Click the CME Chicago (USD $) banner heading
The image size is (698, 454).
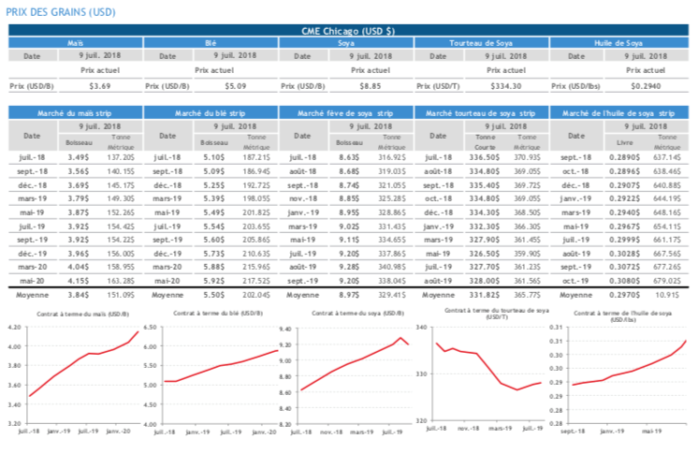click(348, 31)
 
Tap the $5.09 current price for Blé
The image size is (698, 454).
click(234, 86)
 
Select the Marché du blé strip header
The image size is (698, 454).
click(211, 112)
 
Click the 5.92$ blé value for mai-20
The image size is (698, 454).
click(216, 279)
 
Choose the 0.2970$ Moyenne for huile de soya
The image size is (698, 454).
click(621, 294)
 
